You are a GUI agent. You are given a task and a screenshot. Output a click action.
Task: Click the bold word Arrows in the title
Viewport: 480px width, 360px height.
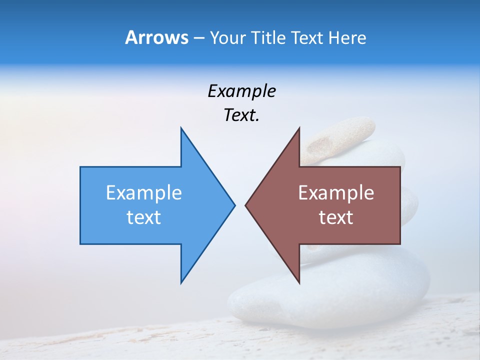pyautogui.click(x=156, y=37)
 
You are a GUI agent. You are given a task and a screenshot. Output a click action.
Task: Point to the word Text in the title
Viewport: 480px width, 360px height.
pyautogui.click(x=308, y=38)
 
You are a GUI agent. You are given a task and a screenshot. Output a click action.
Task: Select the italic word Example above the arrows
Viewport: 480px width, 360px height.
pyautogui.click(x=241, y=91)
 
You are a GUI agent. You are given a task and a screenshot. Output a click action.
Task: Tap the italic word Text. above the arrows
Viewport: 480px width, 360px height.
pyautogui.click(x=241, y=115)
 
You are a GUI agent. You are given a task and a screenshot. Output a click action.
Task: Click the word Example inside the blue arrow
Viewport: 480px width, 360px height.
pyautogui.click(x=144, y=193)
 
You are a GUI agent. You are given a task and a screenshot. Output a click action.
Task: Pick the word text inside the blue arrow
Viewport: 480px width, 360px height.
pyautogui.click(x=144, y=217)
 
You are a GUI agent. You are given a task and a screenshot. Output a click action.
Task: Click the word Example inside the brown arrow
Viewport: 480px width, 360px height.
pyautogui.click(x=336, y=193)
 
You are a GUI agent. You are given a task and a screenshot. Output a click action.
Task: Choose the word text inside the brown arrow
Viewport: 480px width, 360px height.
pyautogui.click(x=336, y=217)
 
